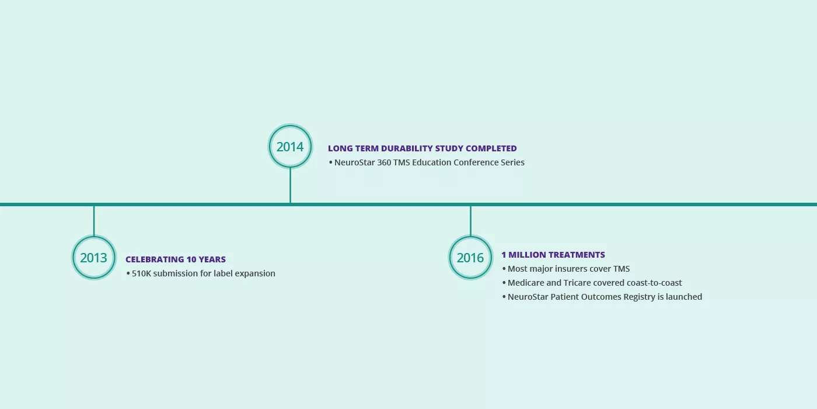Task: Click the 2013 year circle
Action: coord(94,236)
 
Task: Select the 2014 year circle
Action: coord(290,125)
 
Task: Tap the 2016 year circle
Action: coord(470,236)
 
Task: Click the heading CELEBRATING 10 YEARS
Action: coord(176,259)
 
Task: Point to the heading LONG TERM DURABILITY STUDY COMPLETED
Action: coord(423,148)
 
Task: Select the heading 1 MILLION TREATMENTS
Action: coord(553,255)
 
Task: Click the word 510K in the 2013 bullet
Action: coord(141,273)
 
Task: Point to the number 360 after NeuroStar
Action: coord(384,162)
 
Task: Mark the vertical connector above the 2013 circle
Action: coord(94,221)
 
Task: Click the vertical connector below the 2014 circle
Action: coord(291,185)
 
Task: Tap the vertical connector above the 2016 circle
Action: coord(470,221)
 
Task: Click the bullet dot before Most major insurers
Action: coord(504,269)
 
